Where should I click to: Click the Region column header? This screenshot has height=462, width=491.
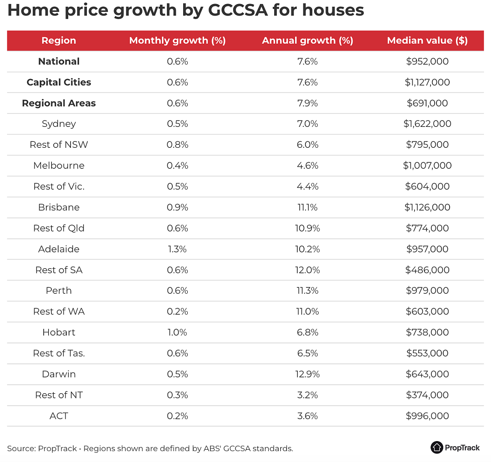click(59, 40)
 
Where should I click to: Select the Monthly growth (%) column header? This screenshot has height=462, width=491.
click(177, 40)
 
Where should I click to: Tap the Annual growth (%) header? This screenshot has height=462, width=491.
click(307, 40)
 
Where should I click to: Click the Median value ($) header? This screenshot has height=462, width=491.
click(427, 40)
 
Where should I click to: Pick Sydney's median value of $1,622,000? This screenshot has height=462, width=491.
click(427, 124)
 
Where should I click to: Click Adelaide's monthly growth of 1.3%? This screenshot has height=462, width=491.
click(177, 249)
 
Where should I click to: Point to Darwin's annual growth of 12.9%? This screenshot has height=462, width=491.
click(307, 374)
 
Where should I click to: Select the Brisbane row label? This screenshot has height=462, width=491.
click(59, 207)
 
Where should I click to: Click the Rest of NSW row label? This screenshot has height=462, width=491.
click(59, 145)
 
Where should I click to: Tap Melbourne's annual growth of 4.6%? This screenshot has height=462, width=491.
click(307, 166)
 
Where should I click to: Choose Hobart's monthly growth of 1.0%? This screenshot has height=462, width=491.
click(177, 332)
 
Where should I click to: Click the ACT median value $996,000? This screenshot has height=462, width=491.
click(427, 416)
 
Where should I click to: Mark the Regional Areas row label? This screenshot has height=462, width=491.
click(59, 103)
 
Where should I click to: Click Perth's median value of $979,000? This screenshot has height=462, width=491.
click(427, 291)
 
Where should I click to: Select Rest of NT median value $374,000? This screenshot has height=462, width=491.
click(427, 395)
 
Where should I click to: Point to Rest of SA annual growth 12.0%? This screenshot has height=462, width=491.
click(307, 270)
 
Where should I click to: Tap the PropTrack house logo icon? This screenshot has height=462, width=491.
click(436, 447)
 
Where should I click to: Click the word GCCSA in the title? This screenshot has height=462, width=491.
click(238, 10)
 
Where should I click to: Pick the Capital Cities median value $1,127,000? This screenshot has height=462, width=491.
click(427, 82)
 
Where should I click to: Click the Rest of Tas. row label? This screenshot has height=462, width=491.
click(59, 353)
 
